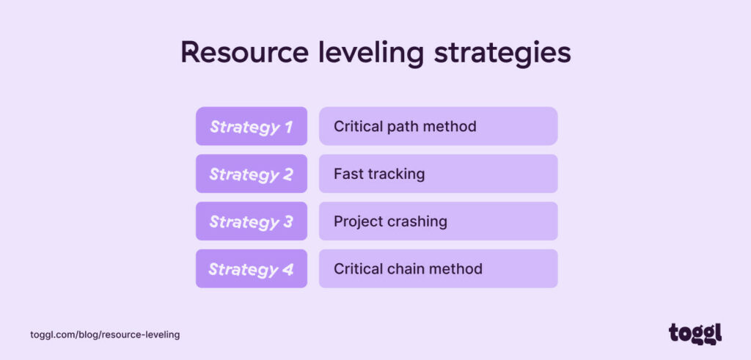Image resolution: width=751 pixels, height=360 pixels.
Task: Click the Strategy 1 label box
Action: [x=251, y=127]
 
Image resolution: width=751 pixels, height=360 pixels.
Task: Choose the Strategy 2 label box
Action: [x=251, y=175]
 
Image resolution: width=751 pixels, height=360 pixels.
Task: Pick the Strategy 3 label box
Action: [x=251, y=221]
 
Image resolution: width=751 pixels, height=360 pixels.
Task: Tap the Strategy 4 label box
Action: [x=251, y=269]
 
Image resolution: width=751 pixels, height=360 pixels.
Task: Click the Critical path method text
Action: [x=405, y=127]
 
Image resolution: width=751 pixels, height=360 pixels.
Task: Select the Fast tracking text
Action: [x=379, y=175]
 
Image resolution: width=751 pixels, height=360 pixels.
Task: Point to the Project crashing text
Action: [x=390, y=221]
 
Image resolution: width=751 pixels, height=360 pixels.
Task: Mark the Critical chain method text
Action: [x=408, y=269]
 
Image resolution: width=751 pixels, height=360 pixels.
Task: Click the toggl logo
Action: [x=695, y=333]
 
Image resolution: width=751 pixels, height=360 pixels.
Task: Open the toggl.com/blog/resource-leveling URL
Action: [x=105, y=334]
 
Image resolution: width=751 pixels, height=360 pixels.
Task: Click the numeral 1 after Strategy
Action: [x=288, y=127]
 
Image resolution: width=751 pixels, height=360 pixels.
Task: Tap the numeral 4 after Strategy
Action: [x=288, y=269]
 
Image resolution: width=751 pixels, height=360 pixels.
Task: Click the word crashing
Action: [x=418, y=221]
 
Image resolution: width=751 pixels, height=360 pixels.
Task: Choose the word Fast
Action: [x=347, y=175]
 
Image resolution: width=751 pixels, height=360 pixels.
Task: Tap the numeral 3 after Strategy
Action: [x=288, y=221]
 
